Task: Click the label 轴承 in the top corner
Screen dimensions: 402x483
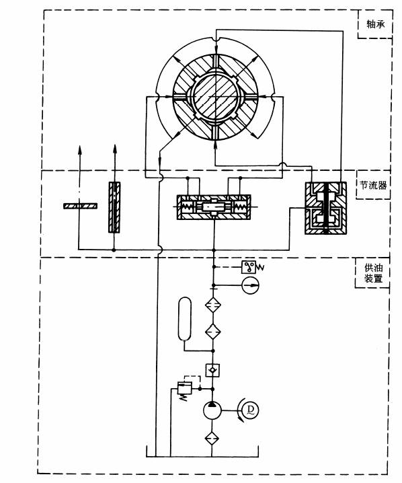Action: [x=376, y=24]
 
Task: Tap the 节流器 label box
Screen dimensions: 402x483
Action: [x=373, y=186]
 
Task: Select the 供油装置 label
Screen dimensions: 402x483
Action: [x=373, y=273]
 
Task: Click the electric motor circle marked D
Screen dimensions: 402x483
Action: [x=250, y=410]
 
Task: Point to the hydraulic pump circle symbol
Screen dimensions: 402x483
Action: [x=212, y=410]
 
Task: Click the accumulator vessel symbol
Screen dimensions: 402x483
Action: [x=185, y=318]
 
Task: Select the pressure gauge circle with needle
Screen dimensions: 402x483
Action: [x=251, y=285]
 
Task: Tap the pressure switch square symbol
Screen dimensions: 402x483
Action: [x=249, y=267]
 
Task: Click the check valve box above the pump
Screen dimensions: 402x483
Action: [x=212, y=370]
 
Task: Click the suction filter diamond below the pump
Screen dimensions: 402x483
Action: [x=212, y=438]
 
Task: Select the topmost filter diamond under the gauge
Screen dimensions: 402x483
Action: [x=213, y=305]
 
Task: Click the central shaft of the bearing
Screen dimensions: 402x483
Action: [x=216, y=98]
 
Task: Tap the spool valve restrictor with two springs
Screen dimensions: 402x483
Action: [x=214, y=207]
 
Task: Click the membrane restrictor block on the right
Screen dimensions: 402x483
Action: [x=325, y=209]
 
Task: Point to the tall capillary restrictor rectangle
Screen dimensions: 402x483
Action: [x=114, y=207]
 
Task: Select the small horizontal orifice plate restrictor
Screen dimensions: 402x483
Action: [x=81, y=206]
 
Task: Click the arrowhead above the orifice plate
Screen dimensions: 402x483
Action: [x=80, y=150]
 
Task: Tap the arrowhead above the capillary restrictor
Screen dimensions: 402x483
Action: [x=115, y=149]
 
